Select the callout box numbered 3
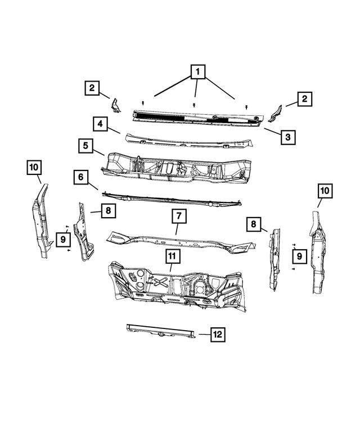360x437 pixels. pyautogui.click(x=287, y=136)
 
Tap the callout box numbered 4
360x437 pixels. pyautogui.click(x=100, y=123)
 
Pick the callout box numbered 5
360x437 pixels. pyautogui.click(x=85, y=146)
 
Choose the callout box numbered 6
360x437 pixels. pyautogui.click(x=80, y=178)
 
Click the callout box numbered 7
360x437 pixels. pyautogui.click(x=178, y=216)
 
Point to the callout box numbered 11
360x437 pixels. pyautogui.click(x=172, y=256)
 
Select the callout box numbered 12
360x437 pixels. pyautogui.click(x=218, y=335)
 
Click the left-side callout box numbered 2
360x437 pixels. pyautogui.click(x=92, y=88)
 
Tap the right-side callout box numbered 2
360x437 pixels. pyautogui.click(x=304, y=100)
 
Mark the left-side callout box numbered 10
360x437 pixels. pyautogui.click(x=34, y=166)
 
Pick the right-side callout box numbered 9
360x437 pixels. pyautogui.click(x=300, y=256)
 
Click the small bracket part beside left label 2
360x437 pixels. pyautogui.click(x=115, y=105)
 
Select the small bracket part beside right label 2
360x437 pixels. pyautogui.click(x=273, y=113)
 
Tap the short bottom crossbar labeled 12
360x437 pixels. pyautogui.click(x=160, y=333)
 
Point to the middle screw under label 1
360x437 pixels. pyautogui.click(x=194, y=105)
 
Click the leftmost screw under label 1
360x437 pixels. pyautogui.click(x=144, y=102)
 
